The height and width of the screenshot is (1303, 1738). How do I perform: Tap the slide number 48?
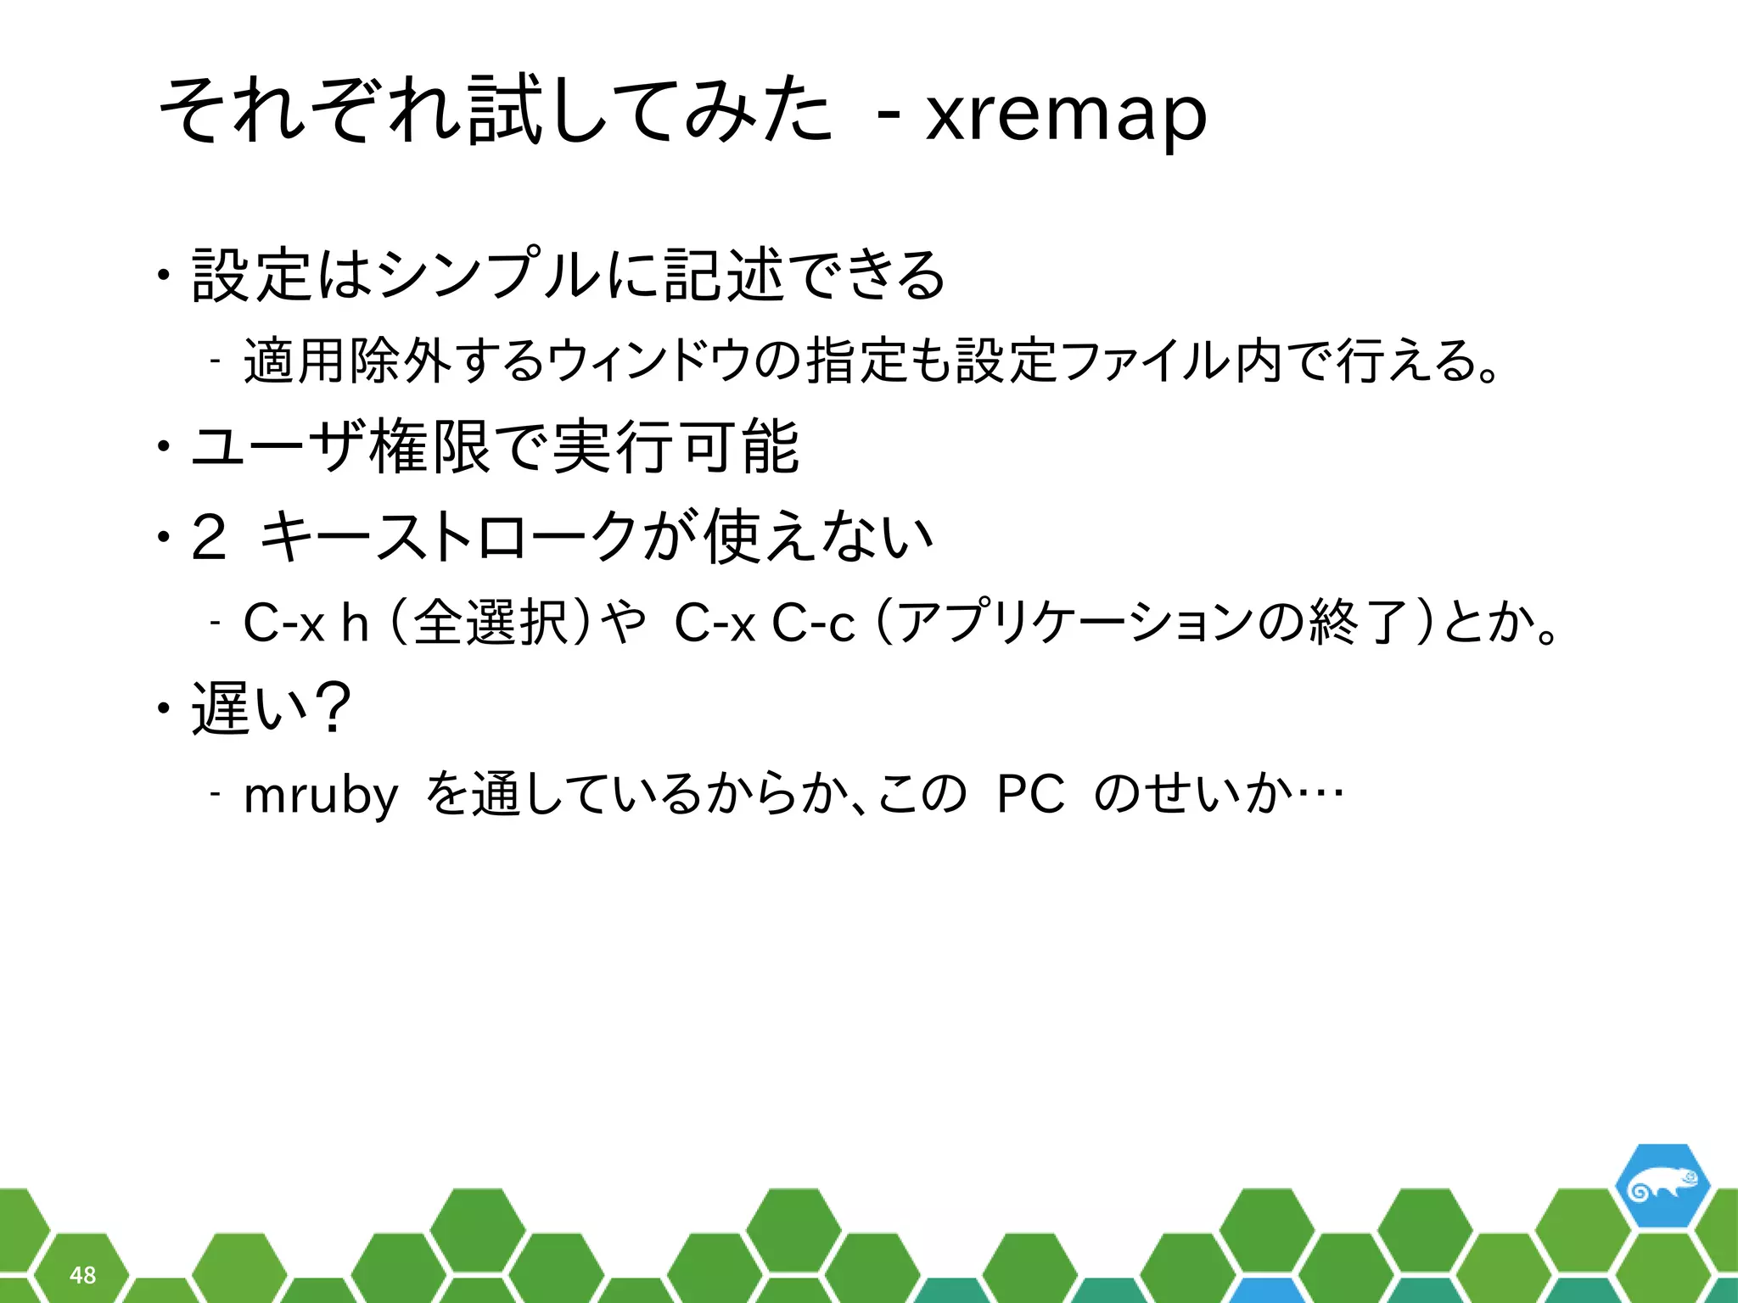[82, 1275]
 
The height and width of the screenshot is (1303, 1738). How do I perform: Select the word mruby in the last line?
[321, 796]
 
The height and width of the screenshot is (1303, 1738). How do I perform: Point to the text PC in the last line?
[1029, 795]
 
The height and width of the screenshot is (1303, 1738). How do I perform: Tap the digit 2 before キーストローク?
[209, 538]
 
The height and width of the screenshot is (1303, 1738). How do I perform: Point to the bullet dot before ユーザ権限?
[161, 446]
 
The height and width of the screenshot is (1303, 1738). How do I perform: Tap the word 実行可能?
[675, 446]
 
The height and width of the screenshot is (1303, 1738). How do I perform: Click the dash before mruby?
[216, 795]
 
